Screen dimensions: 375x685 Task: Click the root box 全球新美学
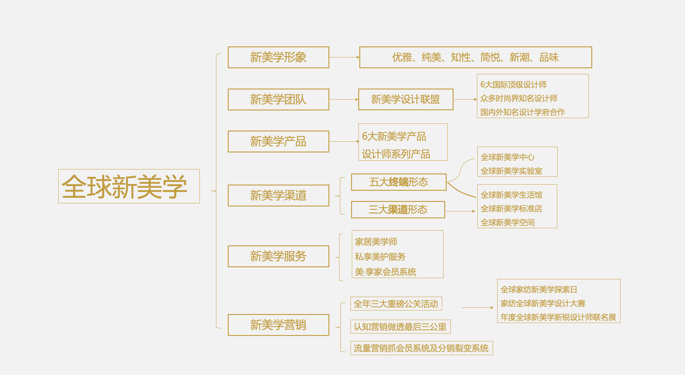(129, 186)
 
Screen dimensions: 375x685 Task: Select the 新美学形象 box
(278, 57)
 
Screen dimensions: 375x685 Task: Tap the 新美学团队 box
(278, 99)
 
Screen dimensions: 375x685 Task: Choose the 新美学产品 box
(278, 141)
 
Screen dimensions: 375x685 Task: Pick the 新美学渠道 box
(278, 196)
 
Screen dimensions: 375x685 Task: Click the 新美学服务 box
(278, 256)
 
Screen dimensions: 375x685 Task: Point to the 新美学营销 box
(278, 325)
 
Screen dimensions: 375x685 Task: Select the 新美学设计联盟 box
(406, 99)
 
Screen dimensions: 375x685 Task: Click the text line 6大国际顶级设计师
(513, 85)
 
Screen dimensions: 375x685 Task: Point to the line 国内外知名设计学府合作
(523, 112)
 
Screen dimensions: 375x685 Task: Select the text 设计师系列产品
(396, 154)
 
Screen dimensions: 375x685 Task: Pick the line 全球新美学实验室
(511, 171)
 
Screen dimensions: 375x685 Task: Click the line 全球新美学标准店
(511, 209)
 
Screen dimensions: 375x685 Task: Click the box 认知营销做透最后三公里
(400, 327)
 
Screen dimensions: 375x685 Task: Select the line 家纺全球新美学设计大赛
(543, 303)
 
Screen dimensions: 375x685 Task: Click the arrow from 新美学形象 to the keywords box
(344, 57)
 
